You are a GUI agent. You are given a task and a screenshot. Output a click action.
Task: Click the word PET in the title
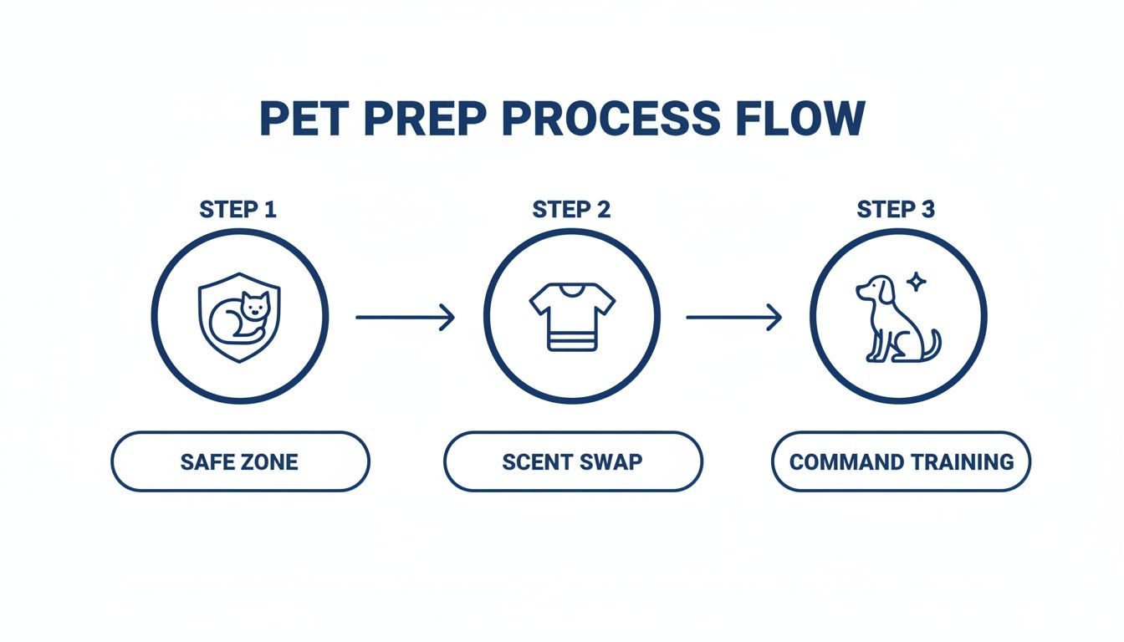[x=304, y=119]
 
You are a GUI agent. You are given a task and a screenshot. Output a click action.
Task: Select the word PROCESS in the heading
[x=611, y=119]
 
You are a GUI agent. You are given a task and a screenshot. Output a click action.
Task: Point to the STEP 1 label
[x=238, y=210]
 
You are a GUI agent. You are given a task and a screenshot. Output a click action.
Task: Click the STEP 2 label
[x=571, y=210]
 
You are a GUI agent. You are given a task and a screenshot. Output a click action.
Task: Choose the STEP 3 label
[x=896, y=210]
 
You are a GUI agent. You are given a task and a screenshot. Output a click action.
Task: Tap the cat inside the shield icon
[x=239, y=316]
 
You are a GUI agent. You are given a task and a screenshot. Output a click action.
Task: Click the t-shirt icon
[x=572, y=317]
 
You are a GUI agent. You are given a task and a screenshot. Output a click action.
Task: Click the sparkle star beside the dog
[x=917, y=282]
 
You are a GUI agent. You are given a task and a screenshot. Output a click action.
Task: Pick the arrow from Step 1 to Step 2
[x=406, y=317]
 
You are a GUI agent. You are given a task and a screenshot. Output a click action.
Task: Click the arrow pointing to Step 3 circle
[x=734, y=317]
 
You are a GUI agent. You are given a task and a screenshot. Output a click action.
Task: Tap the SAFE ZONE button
[x=240, y=461]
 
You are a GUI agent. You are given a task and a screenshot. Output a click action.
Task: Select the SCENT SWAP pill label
[x=573, y=461]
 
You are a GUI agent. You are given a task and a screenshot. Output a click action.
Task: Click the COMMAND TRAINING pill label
[x=902, y=461]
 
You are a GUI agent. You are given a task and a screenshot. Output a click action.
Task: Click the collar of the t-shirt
[x=572, y=290]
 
